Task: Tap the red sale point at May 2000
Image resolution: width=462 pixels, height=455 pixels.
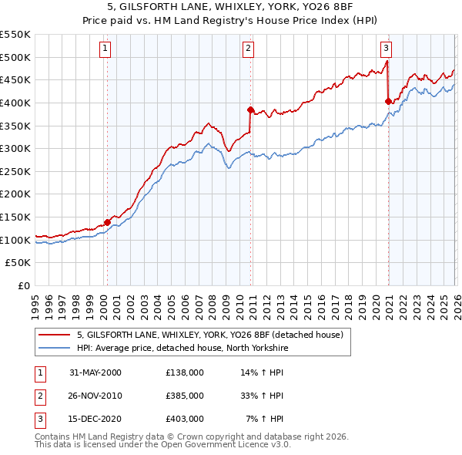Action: [x=107, y=223]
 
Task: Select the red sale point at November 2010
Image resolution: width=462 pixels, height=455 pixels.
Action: [x=251, y=110]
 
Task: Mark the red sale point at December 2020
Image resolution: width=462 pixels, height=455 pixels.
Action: [x=388, y=101]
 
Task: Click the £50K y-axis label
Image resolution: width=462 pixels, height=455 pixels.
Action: [x=18, y=263]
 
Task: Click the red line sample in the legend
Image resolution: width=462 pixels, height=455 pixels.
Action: [x=55, y=335]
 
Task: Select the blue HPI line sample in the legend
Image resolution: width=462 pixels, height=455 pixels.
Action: [x=55, y=348]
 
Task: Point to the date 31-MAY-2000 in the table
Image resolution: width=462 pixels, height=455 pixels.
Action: [x=95, y=372]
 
